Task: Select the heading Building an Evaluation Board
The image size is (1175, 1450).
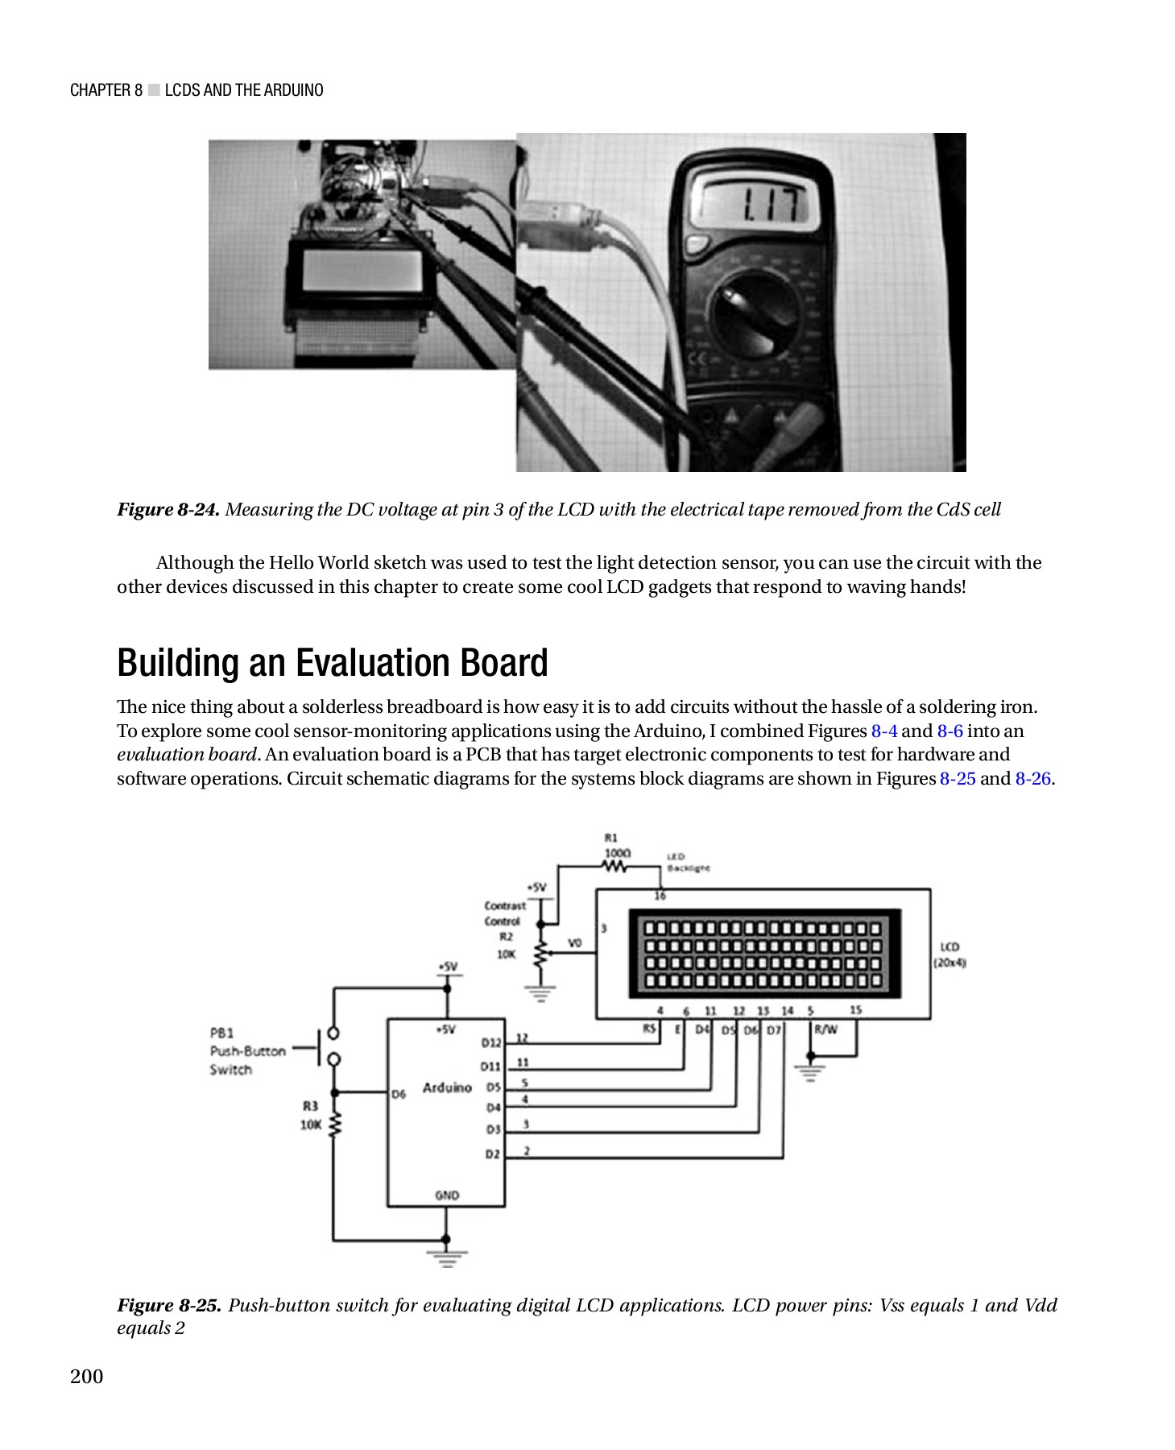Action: point(332,663)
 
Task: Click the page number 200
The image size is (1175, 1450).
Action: point(87,1376)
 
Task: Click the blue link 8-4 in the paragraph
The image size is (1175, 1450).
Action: point(883,731)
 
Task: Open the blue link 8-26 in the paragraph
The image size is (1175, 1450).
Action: point(1032,779)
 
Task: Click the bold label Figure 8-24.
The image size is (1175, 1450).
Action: point(168,510)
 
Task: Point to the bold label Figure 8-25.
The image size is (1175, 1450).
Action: point(169,1305)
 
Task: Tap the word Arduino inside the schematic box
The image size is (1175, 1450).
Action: point(447,1087)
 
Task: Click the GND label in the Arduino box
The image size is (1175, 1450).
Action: point(446,1195)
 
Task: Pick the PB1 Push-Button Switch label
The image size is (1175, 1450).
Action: point(246,1051)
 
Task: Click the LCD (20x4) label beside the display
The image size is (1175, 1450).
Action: point(950,955)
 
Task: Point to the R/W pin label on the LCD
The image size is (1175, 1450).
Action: point(825,1029)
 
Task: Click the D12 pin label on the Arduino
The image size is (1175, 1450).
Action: point(490,1042)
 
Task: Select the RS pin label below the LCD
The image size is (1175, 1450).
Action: point(649,1029)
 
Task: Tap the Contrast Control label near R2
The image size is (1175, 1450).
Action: point(504,913)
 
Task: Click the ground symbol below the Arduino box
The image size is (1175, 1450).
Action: point(446,1257)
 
